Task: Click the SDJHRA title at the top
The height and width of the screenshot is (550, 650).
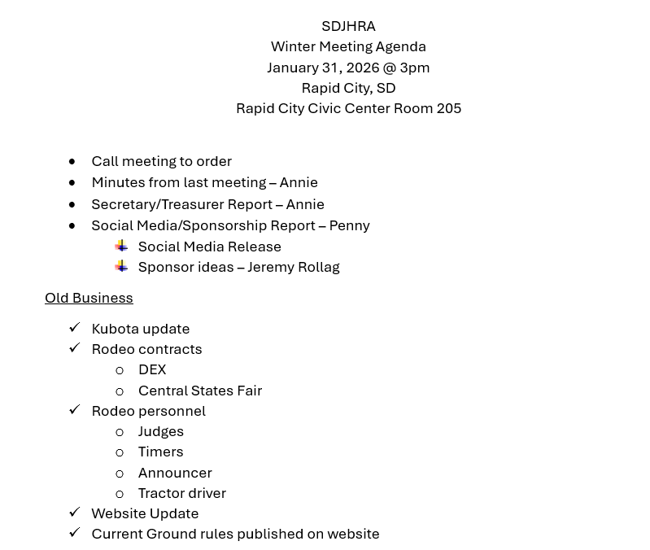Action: [348, 26]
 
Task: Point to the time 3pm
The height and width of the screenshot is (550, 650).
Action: [414, 68]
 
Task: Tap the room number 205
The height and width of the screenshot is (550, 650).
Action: [448, 108]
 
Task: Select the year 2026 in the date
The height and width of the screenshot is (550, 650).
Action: [362, 68]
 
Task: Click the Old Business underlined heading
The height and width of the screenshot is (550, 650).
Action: [89, 298]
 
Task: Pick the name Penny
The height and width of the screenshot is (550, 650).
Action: [349, 225]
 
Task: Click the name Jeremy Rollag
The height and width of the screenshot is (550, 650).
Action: [294, 267]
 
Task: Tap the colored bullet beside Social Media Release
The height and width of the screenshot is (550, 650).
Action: [121, 246]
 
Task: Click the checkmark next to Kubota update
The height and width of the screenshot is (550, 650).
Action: [74, 327]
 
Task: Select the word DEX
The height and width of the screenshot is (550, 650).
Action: [152, 369]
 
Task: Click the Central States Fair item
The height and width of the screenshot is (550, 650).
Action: [200, 391]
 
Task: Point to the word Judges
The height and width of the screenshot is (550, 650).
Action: [161, 431]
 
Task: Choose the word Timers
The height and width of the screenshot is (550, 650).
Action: [160, 452]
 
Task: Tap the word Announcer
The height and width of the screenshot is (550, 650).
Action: [175, 473]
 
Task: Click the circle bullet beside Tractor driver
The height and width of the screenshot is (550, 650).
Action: [120, 494]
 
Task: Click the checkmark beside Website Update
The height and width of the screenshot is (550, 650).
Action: [74, 512]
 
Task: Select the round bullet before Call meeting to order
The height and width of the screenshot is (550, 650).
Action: [72, 162]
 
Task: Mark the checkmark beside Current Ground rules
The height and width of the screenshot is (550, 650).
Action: [74, 532]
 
